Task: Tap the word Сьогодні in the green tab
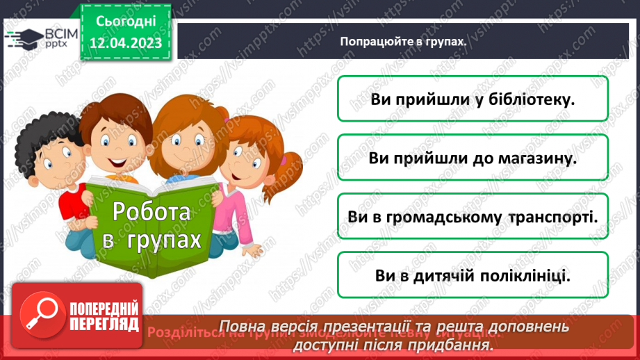[126, 20]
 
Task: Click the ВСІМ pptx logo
[35, 38]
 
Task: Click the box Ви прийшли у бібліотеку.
[473, 99]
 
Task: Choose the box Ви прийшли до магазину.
[473, 158]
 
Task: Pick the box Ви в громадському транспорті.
[473, 217]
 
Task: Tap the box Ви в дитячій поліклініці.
[473, 276]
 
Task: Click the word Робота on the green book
[151, 211]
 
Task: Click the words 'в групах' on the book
[151, 240]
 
